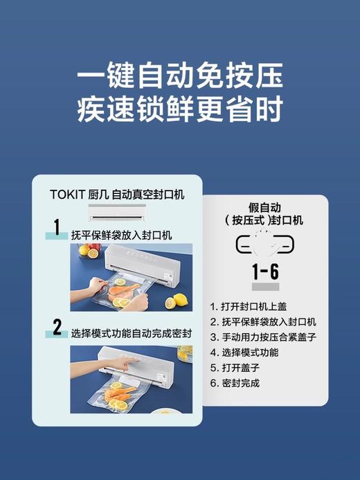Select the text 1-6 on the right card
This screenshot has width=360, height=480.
click(265, 270)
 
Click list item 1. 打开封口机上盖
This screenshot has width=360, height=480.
click(253, 306)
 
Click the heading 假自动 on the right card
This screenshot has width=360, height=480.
click(264, 207)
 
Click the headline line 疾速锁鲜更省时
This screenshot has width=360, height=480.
click(179, 110)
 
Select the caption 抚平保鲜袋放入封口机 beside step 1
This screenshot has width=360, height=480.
click(121, 234)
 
